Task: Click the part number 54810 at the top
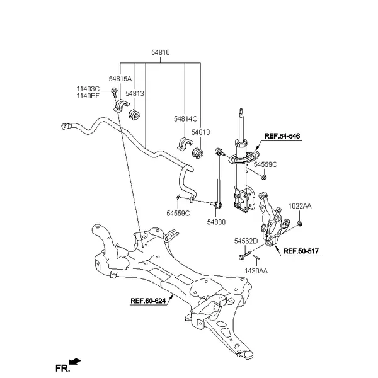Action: click(160, 54)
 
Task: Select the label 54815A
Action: click(120, 79)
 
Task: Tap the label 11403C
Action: click(88, 89)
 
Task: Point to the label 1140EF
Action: click(88, 96)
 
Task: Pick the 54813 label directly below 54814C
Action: click(200, 132)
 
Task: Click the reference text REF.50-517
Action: click(301, 251)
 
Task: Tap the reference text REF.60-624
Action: click(149, 301)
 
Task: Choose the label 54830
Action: click(215, 222)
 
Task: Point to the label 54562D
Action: click(246, 241)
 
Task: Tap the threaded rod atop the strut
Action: click(240, 122)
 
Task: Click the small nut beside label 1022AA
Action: click(300, 222)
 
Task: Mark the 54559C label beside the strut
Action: click(265, 164)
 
